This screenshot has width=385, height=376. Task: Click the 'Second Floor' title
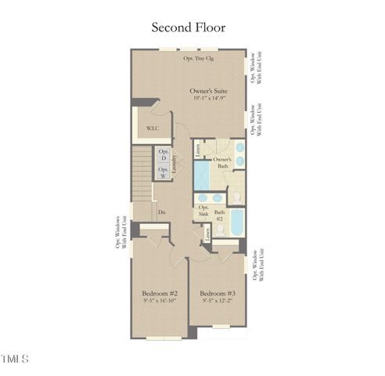coord(188,27)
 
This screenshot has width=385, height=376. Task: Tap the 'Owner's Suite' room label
coord(209,92)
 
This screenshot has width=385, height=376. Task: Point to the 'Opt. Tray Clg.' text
coord(199,58)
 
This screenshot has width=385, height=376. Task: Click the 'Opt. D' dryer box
coord(164,154)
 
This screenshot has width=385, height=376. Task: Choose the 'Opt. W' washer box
coord(164,172)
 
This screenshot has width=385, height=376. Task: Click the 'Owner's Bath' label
coord(221,163)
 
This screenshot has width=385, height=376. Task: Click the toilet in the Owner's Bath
coord(236,196)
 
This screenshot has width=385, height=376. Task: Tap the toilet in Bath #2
coord(220,229)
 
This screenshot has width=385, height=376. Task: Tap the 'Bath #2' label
coord(220,215)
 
